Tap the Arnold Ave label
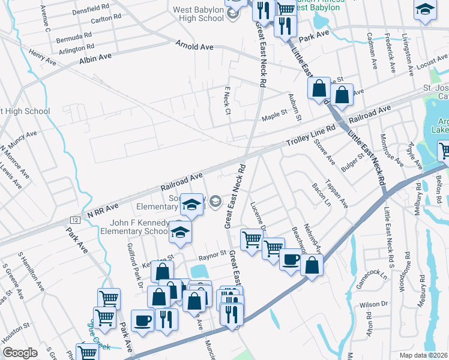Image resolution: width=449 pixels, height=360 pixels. [x=195, y=45]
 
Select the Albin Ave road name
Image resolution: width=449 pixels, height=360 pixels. [x=95, y=59]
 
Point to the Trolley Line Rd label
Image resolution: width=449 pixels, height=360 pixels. [x=310, y=140]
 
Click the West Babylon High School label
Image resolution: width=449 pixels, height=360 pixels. [x=198, y=14]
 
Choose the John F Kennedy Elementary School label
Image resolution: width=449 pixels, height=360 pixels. [x=134, y=227]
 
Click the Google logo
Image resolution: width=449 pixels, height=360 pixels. [x=20, y=353]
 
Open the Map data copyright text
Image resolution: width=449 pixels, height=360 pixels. [x=423, y=355]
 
